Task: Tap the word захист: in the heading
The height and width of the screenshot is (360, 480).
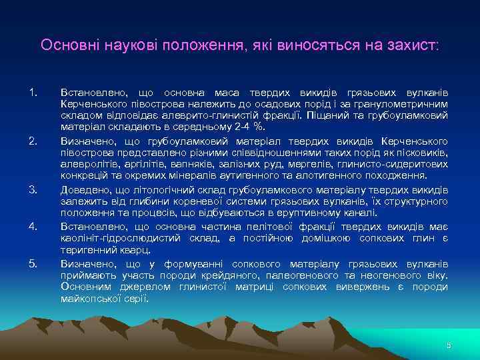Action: [x=413, y=45]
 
